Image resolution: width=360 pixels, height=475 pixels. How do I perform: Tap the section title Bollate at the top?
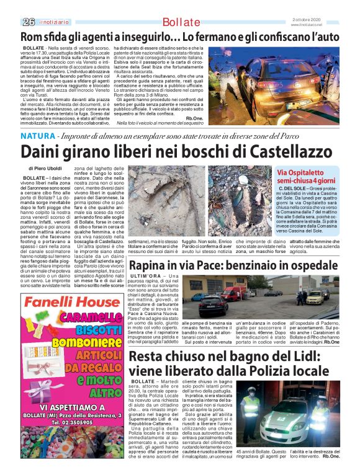pyautogui.click(x=182, y=22)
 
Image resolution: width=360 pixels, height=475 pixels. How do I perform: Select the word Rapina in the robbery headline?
pyautogui.click(x=148, y=266)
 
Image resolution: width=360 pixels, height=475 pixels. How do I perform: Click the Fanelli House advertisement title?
pyautogui.click(x=68, y=305)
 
